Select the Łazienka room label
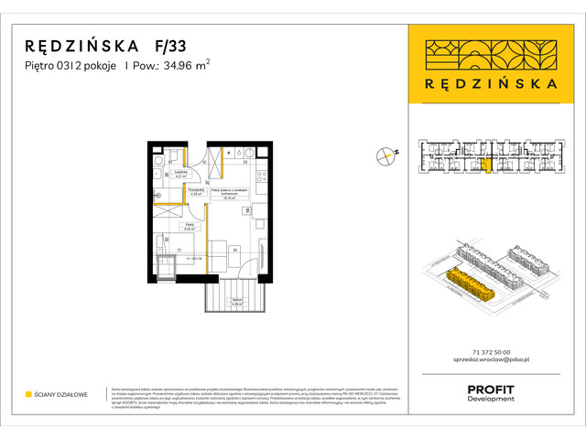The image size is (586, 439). pos(181,174)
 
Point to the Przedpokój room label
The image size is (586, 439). pos(196,192)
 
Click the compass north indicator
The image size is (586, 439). pos(386,156)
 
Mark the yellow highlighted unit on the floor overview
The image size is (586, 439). pos(486,166)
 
